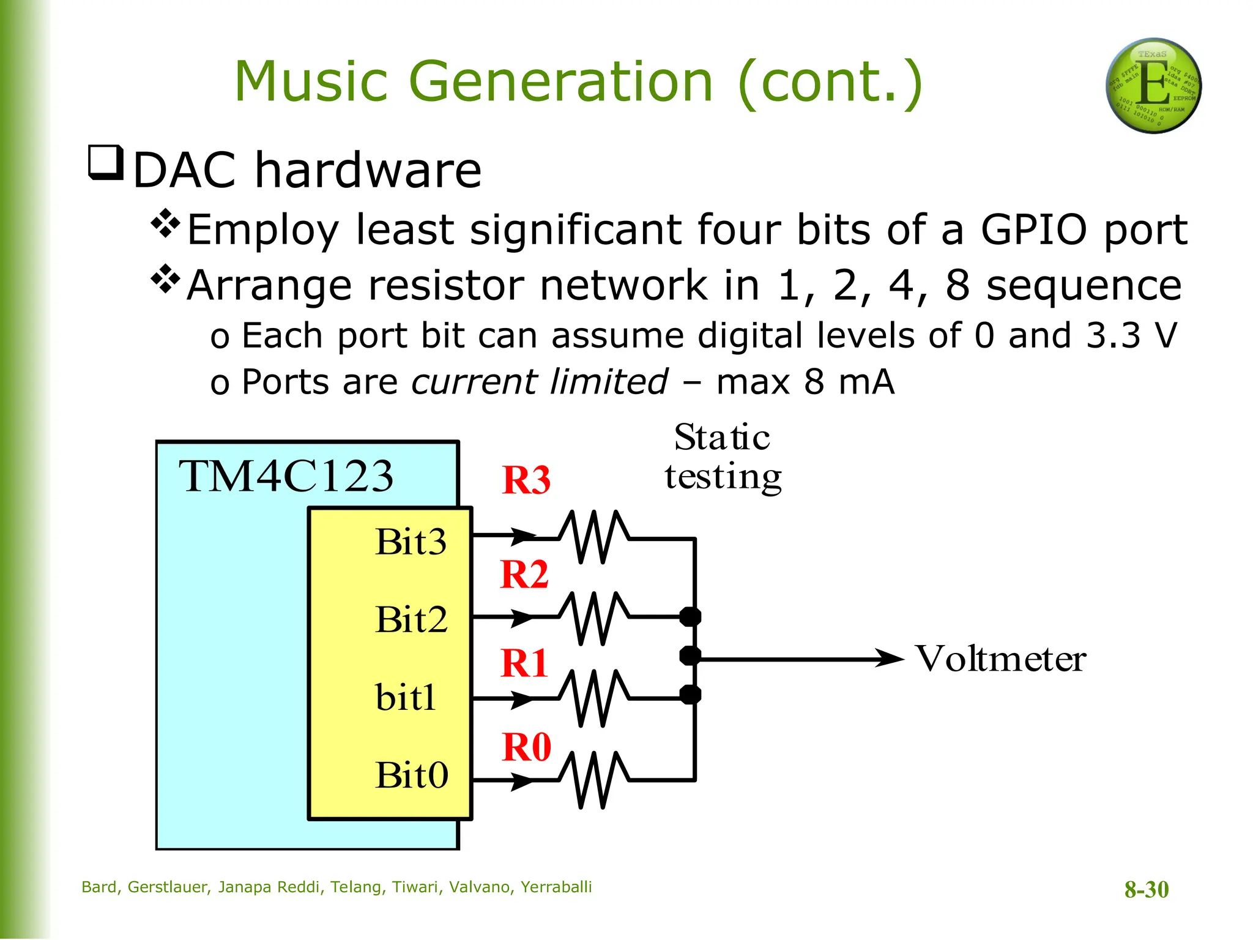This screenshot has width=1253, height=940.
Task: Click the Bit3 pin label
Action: click(411, 542)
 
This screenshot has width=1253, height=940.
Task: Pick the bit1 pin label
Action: click(406, 697)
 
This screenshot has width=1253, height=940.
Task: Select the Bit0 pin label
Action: click(411, 775)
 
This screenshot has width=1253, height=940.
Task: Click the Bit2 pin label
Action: click(411, 619)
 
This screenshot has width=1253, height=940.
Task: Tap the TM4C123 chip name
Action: click(286, 476)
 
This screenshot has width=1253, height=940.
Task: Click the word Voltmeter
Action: click(1000, 659)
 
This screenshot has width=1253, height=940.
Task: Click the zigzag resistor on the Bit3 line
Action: click(593, 537)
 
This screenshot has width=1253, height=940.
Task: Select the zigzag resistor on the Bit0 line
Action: click(593, 780)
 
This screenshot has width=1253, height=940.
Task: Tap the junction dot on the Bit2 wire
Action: click(691, 616)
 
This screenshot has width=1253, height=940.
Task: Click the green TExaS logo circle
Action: click(1153, 86)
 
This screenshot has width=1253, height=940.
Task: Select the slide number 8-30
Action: click(1146, 889)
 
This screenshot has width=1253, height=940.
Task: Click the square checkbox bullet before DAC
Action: click(106, 162)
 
